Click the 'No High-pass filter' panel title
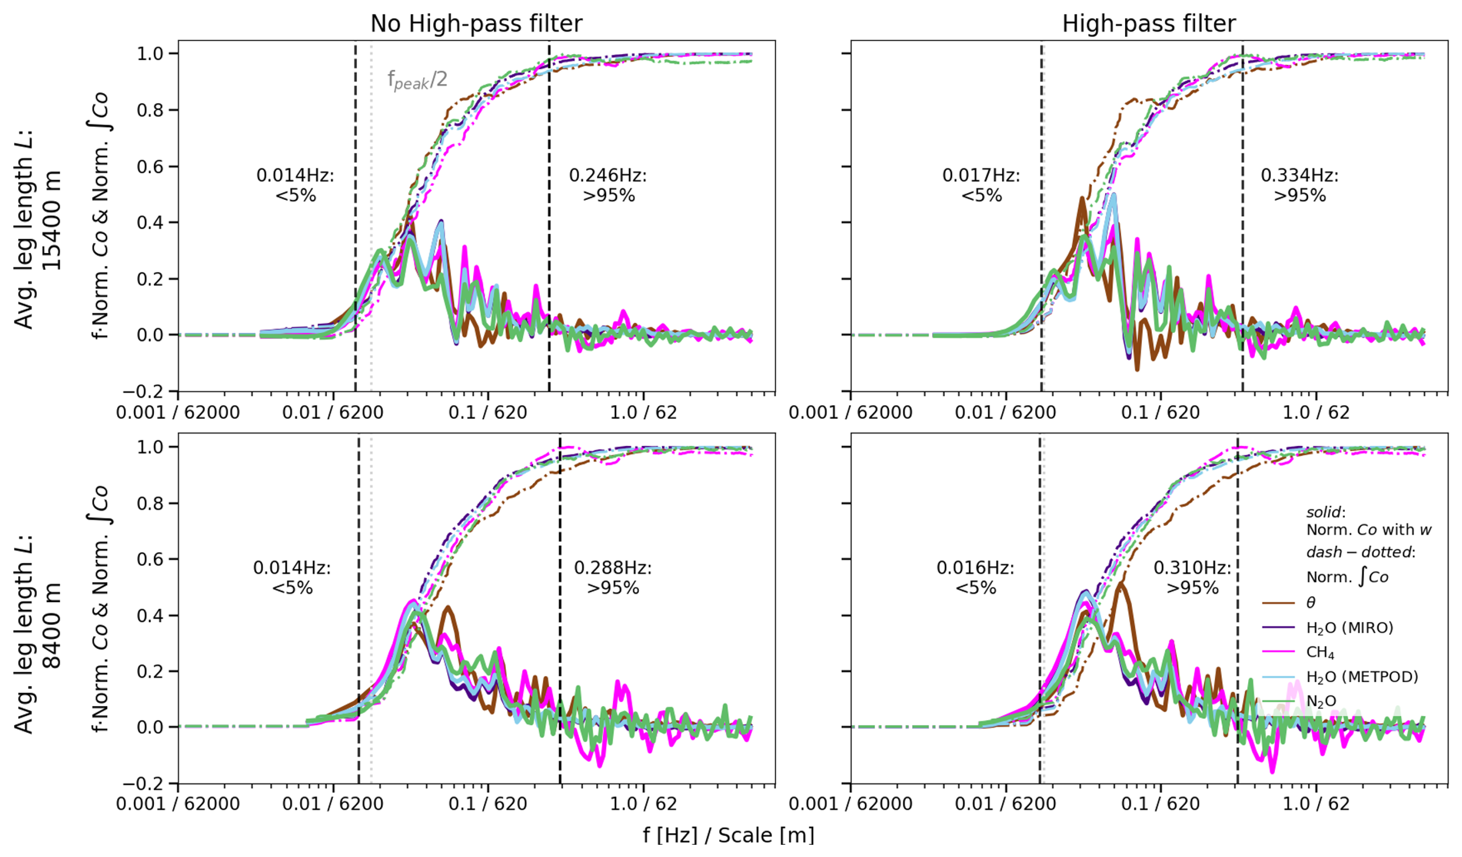(x=476, y=24)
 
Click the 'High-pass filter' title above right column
(x=1148, y=24)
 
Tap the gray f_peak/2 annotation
(x=417, y=80)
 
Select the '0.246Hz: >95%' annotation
(x=608, y=185)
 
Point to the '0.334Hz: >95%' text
(x=1299, y=185)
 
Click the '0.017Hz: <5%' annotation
(x=981, y=185)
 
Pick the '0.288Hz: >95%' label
(x=613, y=577)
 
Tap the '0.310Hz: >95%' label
(x=1192, y=577)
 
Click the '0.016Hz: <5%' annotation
(x=975, y=577)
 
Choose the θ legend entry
(x=1310, y=603)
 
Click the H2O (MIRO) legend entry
(x=1349, y=628)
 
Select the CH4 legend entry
(x=1320, y=652)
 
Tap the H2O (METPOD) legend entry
(x=1362, y=677)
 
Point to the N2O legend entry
(x=1321, y=701)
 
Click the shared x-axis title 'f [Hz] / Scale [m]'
(x=728, y=835)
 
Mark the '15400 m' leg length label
(x=51, y=220)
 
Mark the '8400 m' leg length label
(x=51, y=626)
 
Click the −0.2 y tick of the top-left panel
(x=148, y=392)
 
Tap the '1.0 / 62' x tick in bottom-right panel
(x=1316, y=804)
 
